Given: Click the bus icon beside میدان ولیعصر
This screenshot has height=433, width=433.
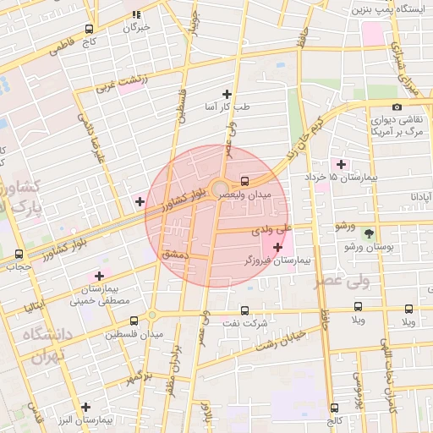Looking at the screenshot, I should (244, 181).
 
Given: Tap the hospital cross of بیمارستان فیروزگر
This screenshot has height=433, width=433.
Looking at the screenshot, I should (277, 246).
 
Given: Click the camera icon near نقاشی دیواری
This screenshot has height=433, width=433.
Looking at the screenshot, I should (397, 107).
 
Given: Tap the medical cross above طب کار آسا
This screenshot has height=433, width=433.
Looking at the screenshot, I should (227, 94).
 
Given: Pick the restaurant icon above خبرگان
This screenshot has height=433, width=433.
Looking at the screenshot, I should (136, 14).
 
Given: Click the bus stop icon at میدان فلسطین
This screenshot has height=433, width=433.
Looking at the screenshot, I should (134, 321).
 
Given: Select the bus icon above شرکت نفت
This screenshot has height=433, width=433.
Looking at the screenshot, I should (245, 310).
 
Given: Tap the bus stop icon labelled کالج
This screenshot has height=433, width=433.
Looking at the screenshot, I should (334, 407).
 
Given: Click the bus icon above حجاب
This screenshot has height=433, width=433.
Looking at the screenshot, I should (19, 254).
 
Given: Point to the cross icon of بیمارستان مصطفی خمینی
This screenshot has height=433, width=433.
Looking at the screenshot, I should (99, 275).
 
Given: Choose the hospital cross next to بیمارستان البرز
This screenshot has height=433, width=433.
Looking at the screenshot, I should (85, 406).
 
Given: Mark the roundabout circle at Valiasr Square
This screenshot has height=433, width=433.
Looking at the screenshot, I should (219, 188).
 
